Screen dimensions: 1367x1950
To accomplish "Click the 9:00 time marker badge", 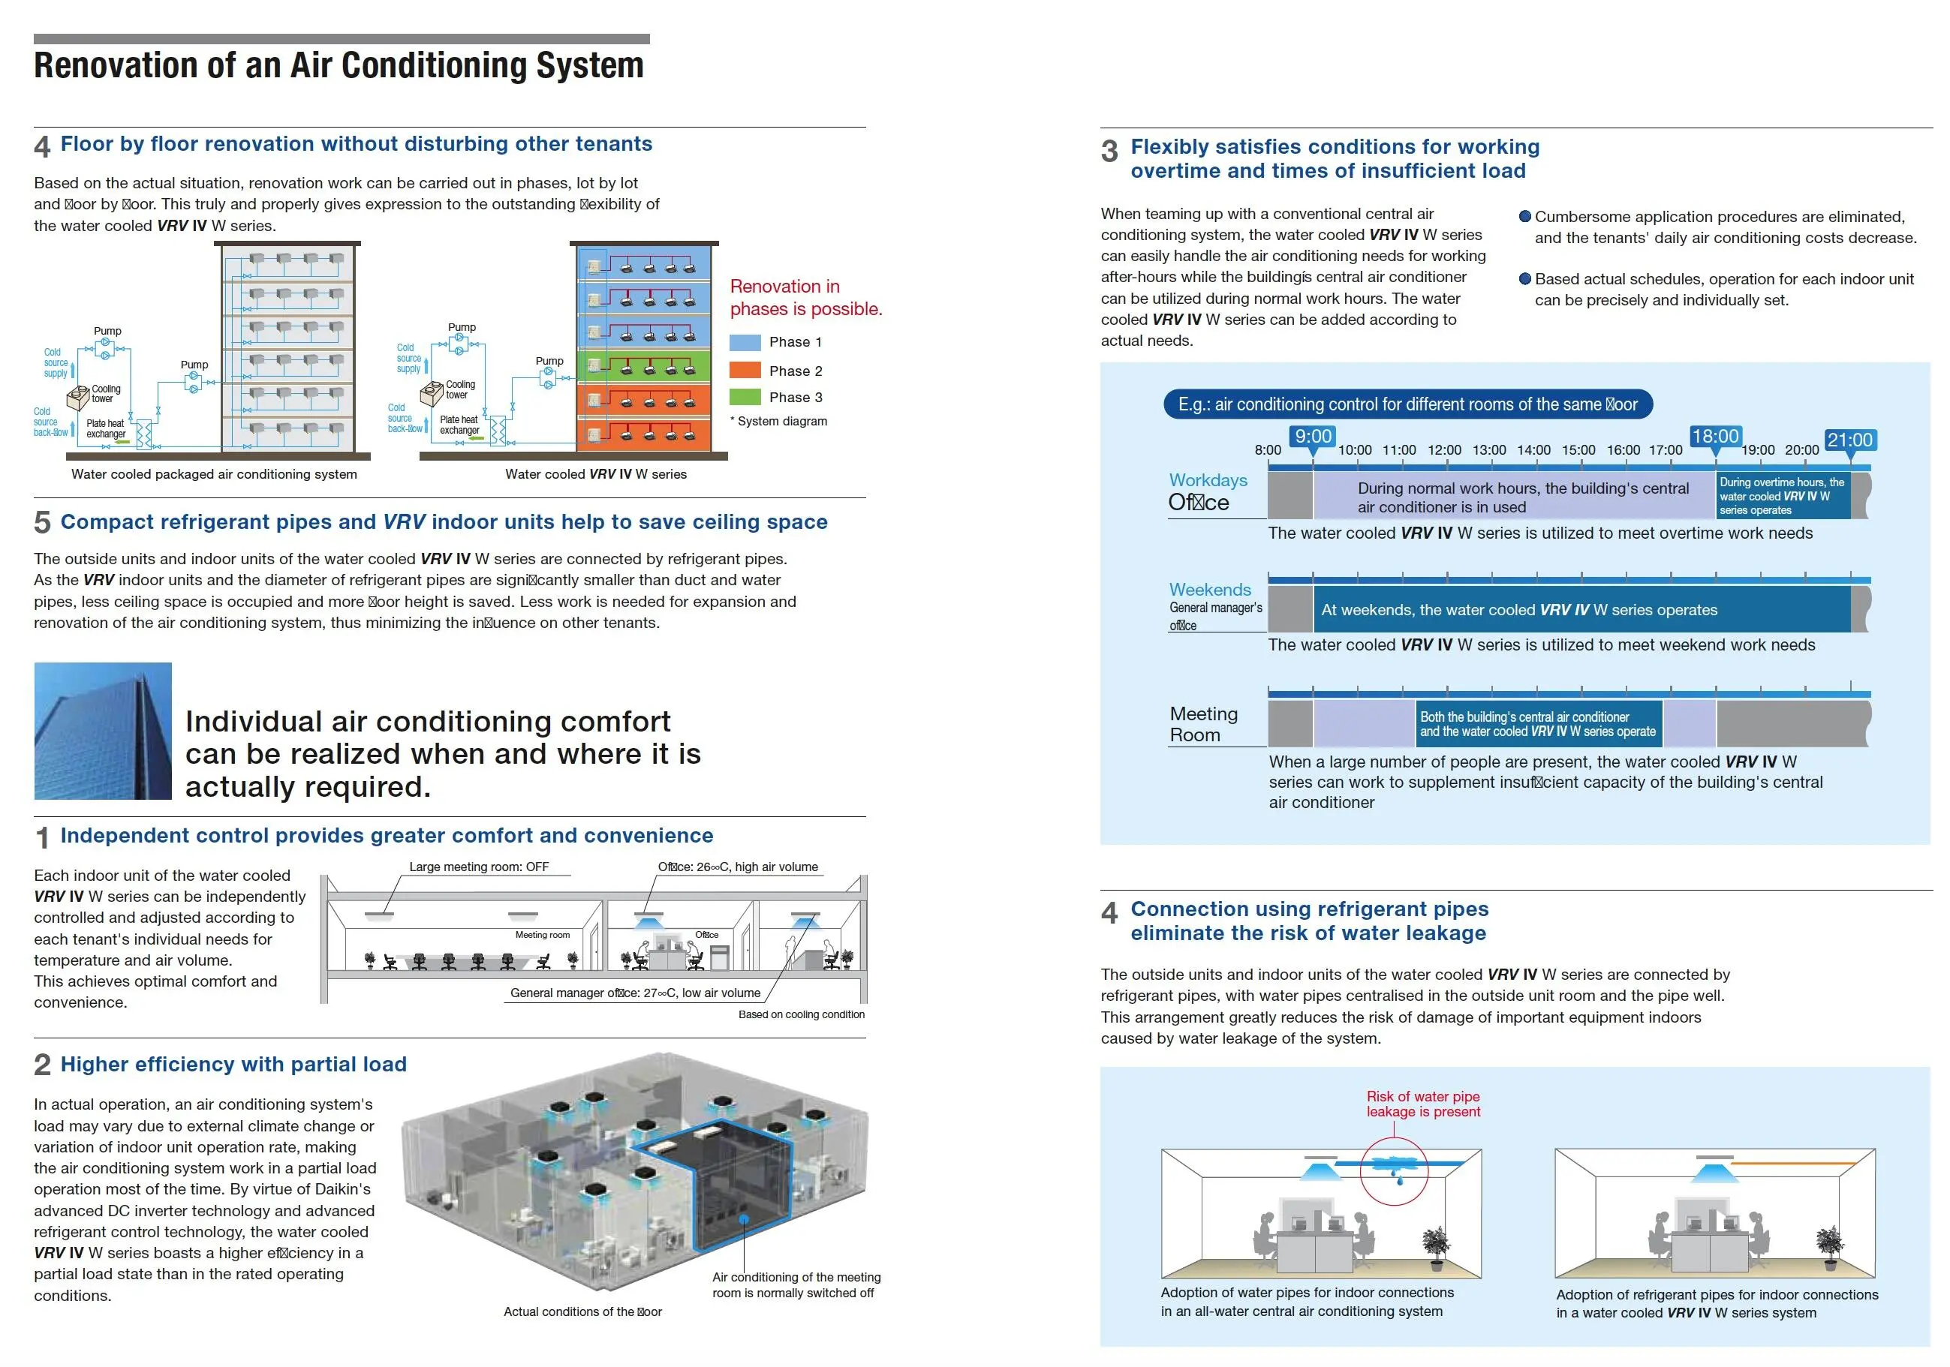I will tap(1312, 437).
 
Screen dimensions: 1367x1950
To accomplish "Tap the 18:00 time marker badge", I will tap(1715, 437).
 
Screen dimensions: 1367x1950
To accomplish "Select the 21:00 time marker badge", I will tap(1849, 440).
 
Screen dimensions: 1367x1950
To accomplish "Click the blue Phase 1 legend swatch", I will tap(745, 342).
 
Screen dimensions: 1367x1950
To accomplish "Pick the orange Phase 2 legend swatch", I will tap(745, 370).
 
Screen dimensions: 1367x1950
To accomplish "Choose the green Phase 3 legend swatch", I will tap(745, 396).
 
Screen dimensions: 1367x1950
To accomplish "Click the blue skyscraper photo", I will tap(103, 731).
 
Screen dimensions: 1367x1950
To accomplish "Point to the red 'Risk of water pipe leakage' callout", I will tap(1422, 1104).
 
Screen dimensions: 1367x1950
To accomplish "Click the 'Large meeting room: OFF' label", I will tap(479, 867).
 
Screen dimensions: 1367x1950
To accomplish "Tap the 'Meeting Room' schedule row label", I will tap(1203, 724).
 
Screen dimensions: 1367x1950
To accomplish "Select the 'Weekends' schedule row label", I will tap(1209, 589).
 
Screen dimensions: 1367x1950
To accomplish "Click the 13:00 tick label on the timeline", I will tap(1489, 450).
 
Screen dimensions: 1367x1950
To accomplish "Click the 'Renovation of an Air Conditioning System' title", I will tap(339, 65).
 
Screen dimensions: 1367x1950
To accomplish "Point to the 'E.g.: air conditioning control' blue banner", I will tap(1407, 404).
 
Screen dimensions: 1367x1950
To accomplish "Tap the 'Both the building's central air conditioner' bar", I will tap(1538, 724).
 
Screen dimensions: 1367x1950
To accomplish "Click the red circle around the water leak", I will tap(1394, 1171).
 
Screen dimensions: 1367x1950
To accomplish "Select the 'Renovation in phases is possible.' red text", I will tap(805, 297).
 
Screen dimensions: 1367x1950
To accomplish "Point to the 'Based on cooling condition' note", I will tap(801, 1014).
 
